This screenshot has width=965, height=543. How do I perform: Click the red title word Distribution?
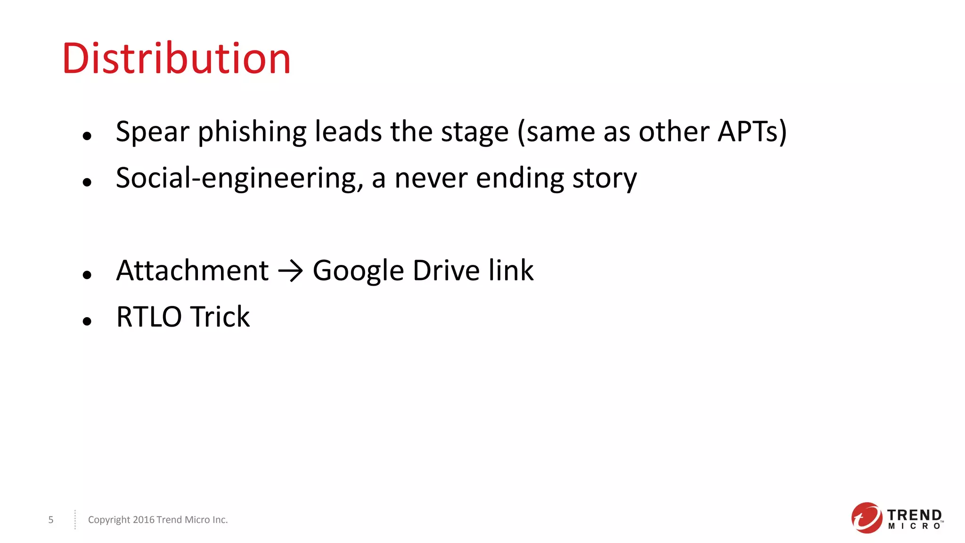click(176, 59)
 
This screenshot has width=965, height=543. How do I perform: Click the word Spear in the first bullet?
click(152, 132)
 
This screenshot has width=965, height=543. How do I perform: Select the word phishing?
click(252, 132)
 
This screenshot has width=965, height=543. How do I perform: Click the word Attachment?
click(192, 271)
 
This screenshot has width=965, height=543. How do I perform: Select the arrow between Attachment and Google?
click(290, 271)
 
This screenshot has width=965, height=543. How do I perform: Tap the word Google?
click(358, 271)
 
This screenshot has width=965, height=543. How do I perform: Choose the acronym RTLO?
click(149, 317)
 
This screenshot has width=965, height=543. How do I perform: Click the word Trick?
click(221, 317)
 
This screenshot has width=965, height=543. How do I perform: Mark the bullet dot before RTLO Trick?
click(87, 321)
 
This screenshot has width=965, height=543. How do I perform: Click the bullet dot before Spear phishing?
click(87, 136)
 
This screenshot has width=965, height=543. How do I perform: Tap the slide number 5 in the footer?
click(51, 520)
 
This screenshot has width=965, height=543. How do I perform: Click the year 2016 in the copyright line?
click(144, 520)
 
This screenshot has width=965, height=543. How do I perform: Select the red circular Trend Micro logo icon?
click(866, 518)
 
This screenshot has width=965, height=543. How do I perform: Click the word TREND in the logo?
click(914, 515)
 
